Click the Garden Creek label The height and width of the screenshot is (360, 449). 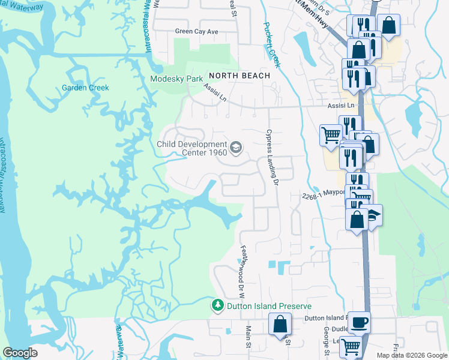point(85,88)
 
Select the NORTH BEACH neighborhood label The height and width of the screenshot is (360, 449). point(240,76)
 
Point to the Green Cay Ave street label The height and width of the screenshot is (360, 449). point(196,31)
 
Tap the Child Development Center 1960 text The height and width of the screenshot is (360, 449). point(191,148)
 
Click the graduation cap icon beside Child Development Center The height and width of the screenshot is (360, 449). point(236,146)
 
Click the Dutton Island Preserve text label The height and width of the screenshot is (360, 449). point(261,306)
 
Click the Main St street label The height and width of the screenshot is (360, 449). point(247,335)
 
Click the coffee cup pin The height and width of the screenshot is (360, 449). point(359,322)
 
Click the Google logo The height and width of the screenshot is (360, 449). point(20,353)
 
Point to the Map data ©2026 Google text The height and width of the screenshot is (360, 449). point(411,355)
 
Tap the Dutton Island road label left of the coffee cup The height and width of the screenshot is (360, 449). point(325,317)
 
